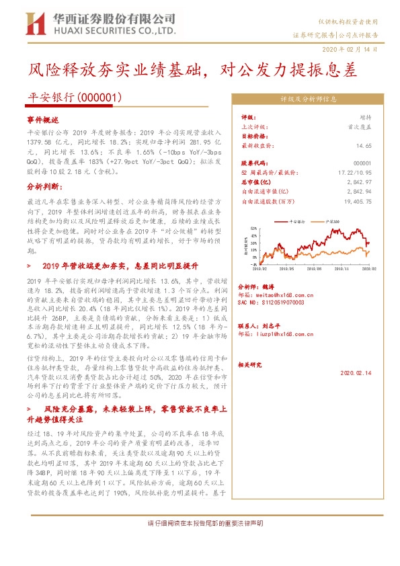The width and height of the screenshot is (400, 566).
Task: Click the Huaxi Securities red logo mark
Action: click(34, 24)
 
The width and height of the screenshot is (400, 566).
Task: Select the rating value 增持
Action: click(366, 117)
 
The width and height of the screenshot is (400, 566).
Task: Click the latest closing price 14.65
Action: click(364, 145)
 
